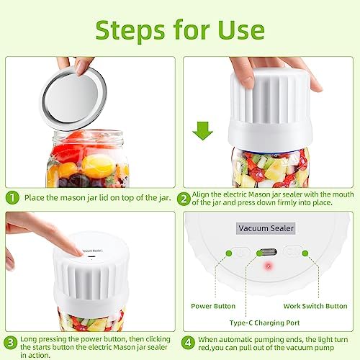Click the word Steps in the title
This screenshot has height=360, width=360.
coord(130,32)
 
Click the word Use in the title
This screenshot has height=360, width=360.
coord(241,30)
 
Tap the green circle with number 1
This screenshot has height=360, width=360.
coord(12,198)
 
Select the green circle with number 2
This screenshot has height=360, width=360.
coord(184,199)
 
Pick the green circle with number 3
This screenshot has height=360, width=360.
coord(11,343)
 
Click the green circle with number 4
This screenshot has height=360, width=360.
coord(188,343)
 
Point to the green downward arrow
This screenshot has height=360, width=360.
coord(203,131)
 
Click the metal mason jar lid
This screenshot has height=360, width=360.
coord(73,99)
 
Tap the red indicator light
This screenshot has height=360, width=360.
coord(269,266)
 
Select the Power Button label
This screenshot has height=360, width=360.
coord(213,306)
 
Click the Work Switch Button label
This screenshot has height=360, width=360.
coord(315,306)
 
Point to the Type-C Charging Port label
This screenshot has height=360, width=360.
coord(264,323)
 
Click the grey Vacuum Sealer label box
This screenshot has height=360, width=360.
coord(266,228)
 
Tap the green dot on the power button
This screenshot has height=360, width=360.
coord(229,253)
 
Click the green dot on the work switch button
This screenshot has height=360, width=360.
coord(305,253)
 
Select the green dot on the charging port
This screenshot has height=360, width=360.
coord(259,253)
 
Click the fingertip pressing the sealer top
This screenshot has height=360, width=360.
coord(78,252)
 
